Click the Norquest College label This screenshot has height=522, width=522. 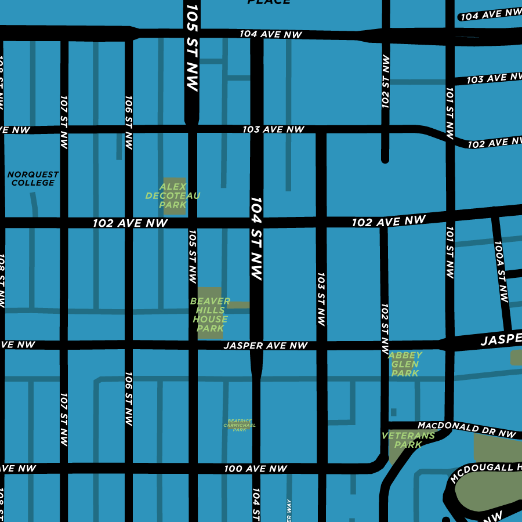click(33, 179)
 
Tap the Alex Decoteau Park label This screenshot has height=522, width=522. click(173, 196)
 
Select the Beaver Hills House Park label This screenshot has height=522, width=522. click(210, 315)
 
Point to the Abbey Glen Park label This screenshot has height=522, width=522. click(405, 364)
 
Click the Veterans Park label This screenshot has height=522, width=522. click(408, 440)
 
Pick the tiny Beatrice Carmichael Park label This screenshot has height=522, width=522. click(240, 426)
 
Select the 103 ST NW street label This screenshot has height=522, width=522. click(321, 298)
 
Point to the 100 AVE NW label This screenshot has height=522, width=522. click(256, 469)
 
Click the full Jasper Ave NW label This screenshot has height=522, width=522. click(266, 346)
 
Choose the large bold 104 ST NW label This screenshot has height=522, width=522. click(256, 238)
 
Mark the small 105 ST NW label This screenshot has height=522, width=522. click(193, 256)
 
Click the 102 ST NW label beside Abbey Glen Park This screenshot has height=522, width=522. click(385, 328)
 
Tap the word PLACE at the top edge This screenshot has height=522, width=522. click(268, 2)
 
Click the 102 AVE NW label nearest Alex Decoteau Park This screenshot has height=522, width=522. click(130, 223)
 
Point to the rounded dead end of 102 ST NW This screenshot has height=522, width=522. click(385, 158)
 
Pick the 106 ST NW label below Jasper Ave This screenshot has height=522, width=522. click(128, 400)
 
